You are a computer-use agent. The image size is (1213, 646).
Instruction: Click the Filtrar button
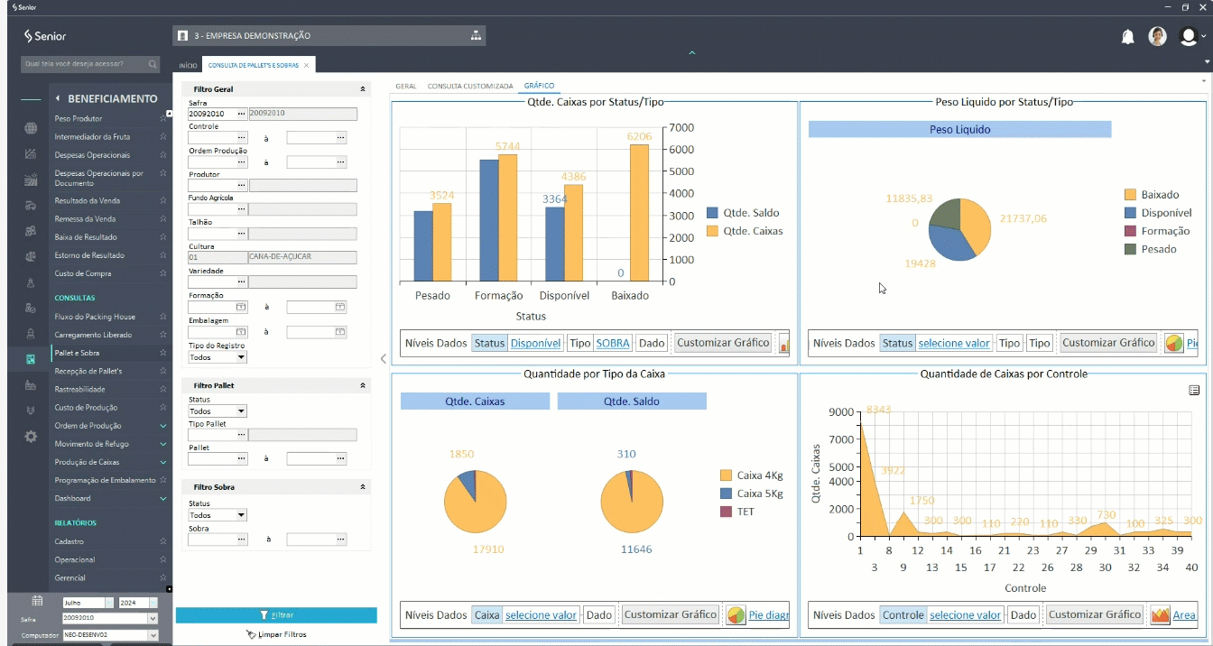(276, 615)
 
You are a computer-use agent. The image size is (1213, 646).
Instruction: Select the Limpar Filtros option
(276, 634)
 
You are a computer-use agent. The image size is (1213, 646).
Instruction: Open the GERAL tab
(405, 87)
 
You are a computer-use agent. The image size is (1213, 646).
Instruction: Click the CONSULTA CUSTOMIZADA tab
(470, 87)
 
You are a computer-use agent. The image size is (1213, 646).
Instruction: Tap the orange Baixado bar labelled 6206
(639, 213)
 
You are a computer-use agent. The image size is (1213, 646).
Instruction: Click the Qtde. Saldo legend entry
(743, 213)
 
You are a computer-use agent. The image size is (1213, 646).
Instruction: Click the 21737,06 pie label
(1023, 218)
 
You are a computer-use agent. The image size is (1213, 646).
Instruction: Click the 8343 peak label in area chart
(878, 411)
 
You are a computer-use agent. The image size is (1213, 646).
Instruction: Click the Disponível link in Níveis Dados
(535, 343)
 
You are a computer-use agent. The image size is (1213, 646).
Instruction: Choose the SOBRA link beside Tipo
(613, 343)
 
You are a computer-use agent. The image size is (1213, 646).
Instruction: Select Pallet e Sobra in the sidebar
(77, 353)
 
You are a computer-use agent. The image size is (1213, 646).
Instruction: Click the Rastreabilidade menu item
(79, 389)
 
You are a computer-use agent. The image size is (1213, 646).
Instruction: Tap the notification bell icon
(1127, 37)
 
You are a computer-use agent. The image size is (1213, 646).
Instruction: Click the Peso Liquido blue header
(959, 130)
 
